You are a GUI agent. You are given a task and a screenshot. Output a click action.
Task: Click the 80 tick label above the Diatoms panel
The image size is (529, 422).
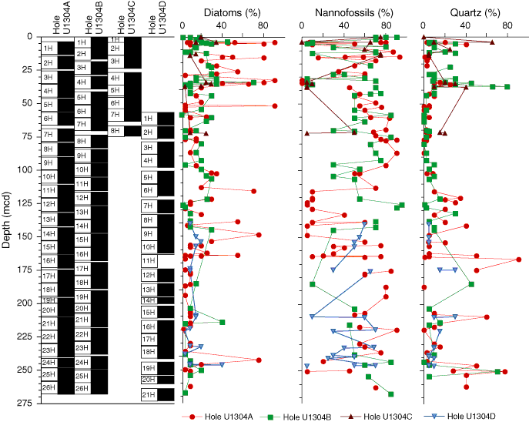coord(263,25)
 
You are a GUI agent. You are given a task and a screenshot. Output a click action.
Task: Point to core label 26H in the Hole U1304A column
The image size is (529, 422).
coord(48,387)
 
